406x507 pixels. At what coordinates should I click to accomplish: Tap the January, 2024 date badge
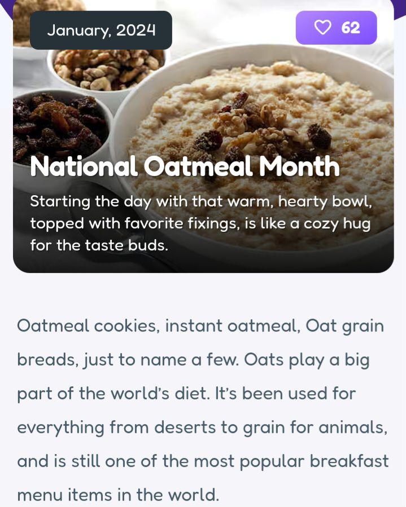click(101, 30)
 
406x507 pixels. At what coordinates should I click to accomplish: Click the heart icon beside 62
click(323, 28)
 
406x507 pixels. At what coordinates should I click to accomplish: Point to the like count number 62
click(350, 28)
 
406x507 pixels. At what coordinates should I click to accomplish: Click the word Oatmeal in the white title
click(198, 166)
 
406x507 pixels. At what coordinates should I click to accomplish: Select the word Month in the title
click(299, 166)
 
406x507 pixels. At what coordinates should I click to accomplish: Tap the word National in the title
click(84, 166)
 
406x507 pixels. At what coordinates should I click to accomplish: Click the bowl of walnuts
click(108, 69)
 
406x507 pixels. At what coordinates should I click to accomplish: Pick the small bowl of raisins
click(60, 129)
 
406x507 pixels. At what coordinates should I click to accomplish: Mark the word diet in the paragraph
click(193, 394)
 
